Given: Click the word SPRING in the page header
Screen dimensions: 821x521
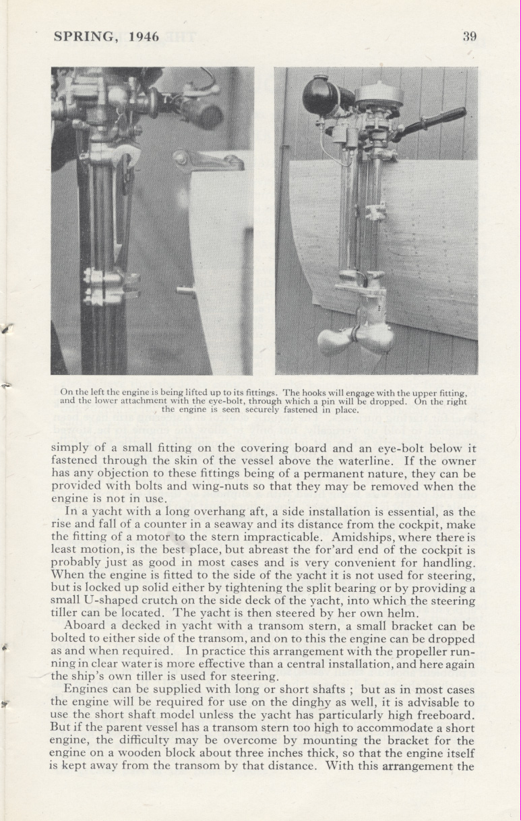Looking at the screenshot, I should coord(84,36).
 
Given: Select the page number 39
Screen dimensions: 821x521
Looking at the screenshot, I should coord(470,36).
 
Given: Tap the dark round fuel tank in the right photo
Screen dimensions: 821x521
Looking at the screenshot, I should coord(321,95).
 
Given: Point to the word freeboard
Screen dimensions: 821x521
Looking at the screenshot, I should coord(444,715).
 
